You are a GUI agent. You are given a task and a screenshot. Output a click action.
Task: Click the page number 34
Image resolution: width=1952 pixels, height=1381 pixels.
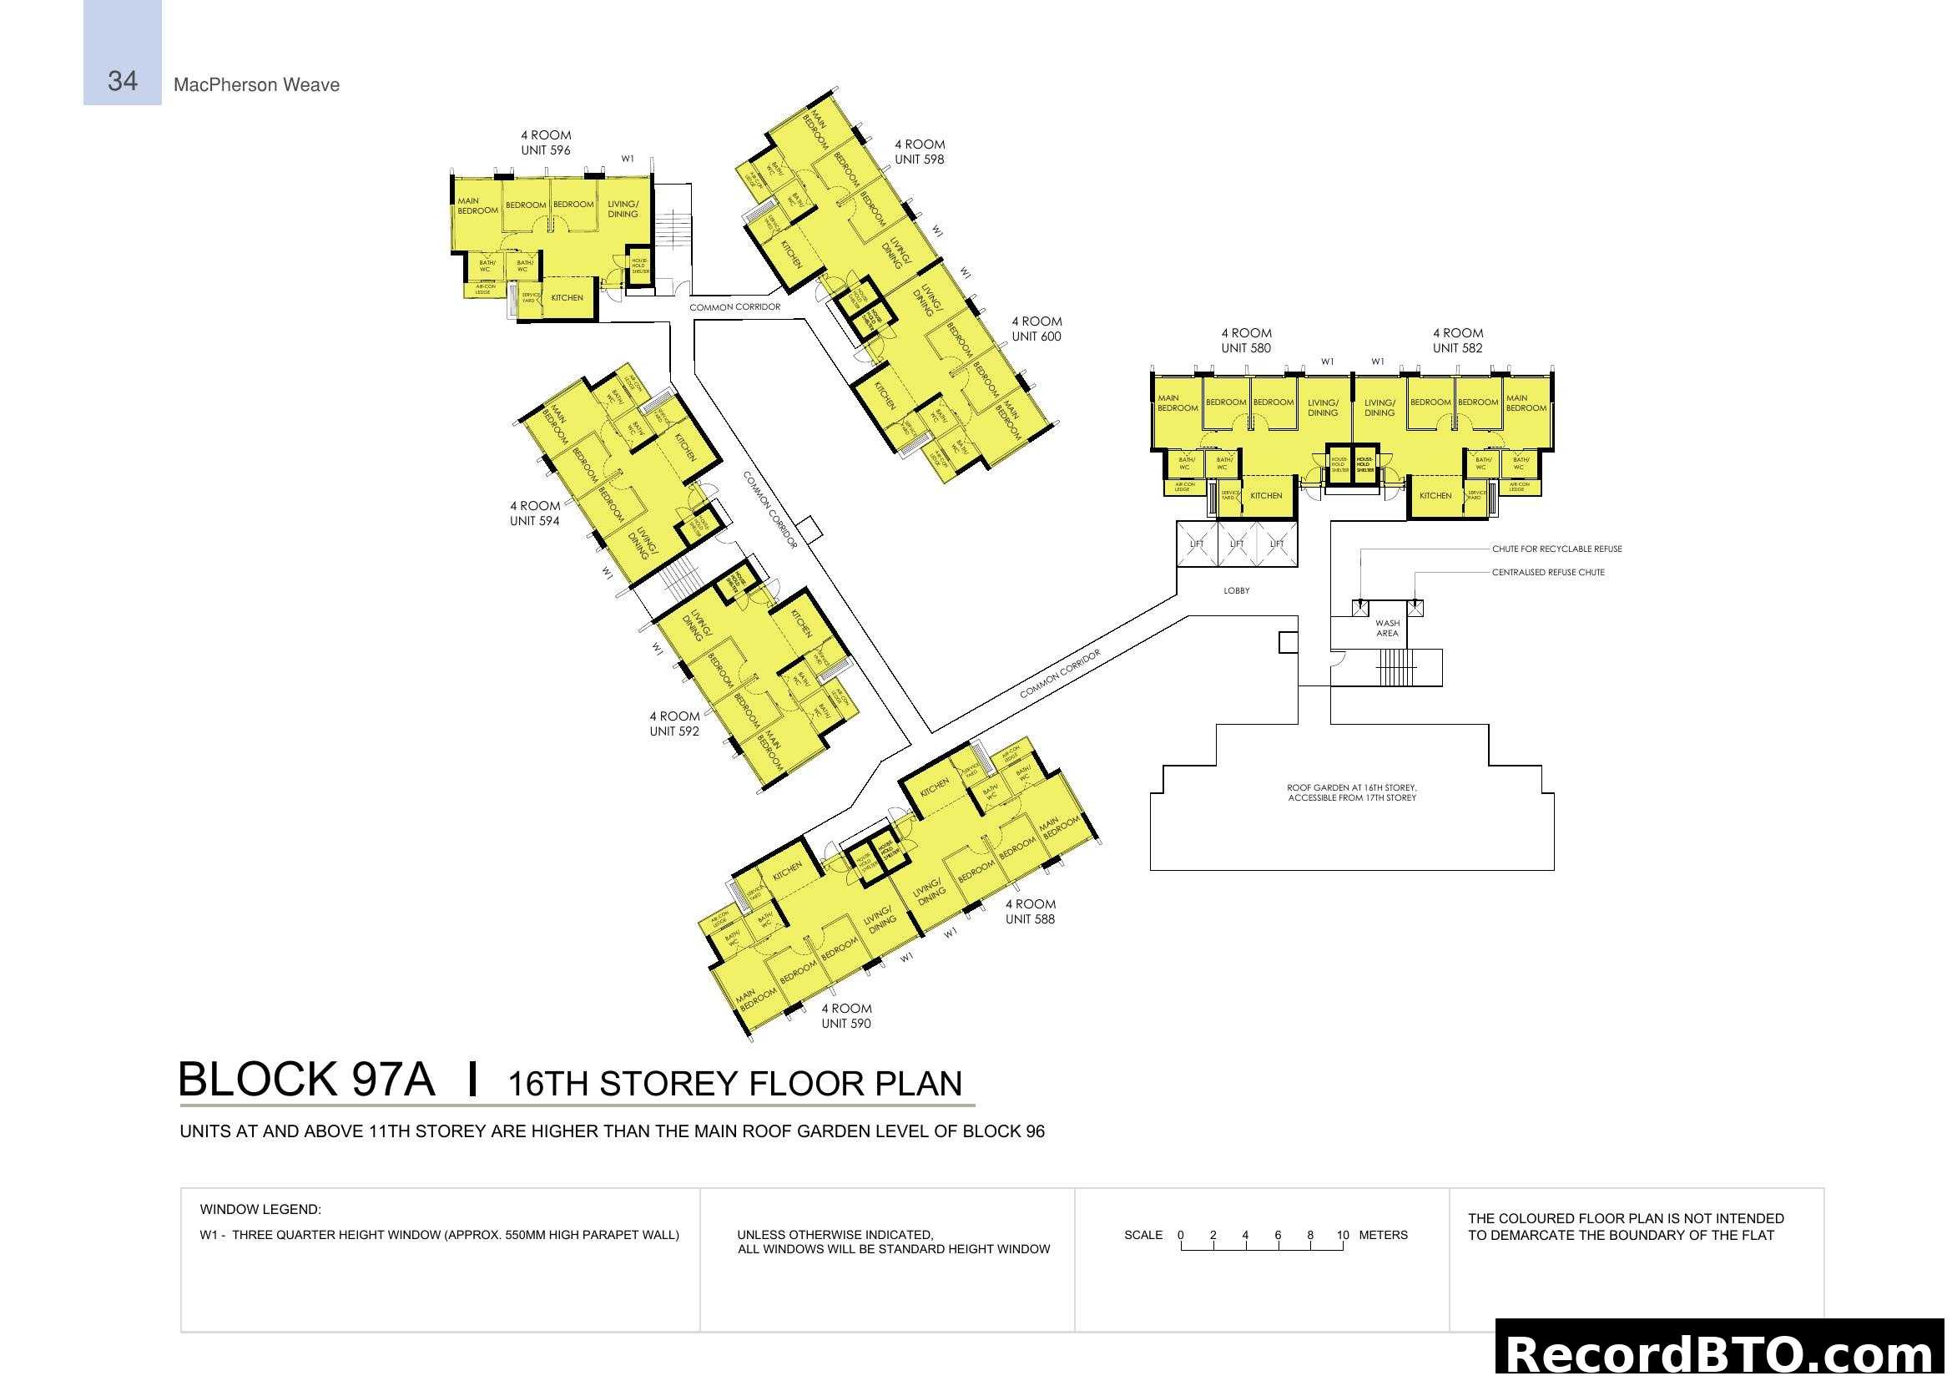[123, 81]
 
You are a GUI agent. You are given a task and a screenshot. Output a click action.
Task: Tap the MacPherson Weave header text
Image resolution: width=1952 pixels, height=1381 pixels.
[256, 85]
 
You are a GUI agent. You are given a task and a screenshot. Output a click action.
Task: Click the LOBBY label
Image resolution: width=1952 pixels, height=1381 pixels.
[1236, 591]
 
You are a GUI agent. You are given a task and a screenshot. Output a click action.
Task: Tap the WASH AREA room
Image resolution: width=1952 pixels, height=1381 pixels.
[1387, 629]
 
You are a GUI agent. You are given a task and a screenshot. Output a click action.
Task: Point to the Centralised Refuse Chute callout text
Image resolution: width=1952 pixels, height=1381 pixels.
[1547, 573]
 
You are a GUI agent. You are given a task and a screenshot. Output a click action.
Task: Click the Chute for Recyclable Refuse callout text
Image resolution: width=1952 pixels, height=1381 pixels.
[1556, 549]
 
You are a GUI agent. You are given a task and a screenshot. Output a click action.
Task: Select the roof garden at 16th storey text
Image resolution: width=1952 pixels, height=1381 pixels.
[1352, 793]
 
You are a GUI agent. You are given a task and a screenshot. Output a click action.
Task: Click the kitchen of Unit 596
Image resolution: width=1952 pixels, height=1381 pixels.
[567, 298]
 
